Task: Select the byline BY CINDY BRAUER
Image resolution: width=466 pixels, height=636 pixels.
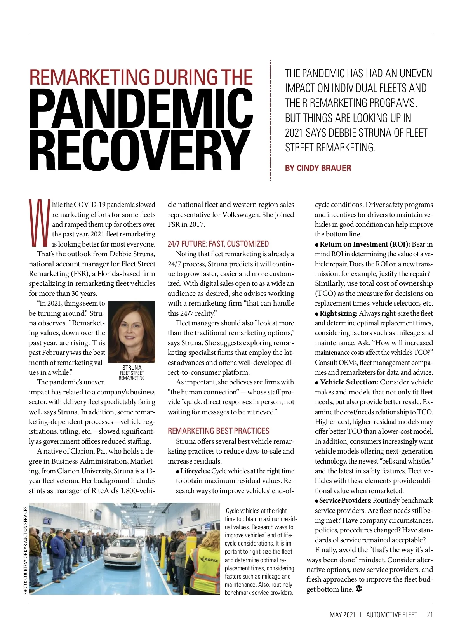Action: pos(318,168)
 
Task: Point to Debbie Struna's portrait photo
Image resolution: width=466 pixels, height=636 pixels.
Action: pos(132,332)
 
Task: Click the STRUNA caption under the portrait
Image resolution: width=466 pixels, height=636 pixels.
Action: pos(132,368)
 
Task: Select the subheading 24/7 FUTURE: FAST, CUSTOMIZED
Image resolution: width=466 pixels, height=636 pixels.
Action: pos(218,244)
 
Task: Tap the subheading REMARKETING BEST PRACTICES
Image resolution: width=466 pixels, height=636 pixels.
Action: pos(218,431)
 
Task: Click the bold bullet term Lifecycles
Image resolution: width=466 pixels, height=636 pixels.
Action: pos(195,471)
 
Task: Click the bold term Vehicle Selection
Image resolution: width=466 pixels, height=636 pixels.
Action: pos(349,382)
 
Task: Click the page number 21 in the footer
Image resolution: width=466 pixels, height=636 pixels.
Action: pos(429,615)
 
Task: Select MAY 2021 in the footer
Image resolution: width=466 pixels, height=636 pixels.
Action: pos(342,615)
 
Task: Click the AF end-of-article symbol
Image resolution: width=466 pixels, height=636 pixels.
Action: pos(359,589)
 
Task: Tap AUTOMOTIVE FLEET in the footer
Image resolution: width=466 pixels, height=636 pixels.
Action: pos(391,615)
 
